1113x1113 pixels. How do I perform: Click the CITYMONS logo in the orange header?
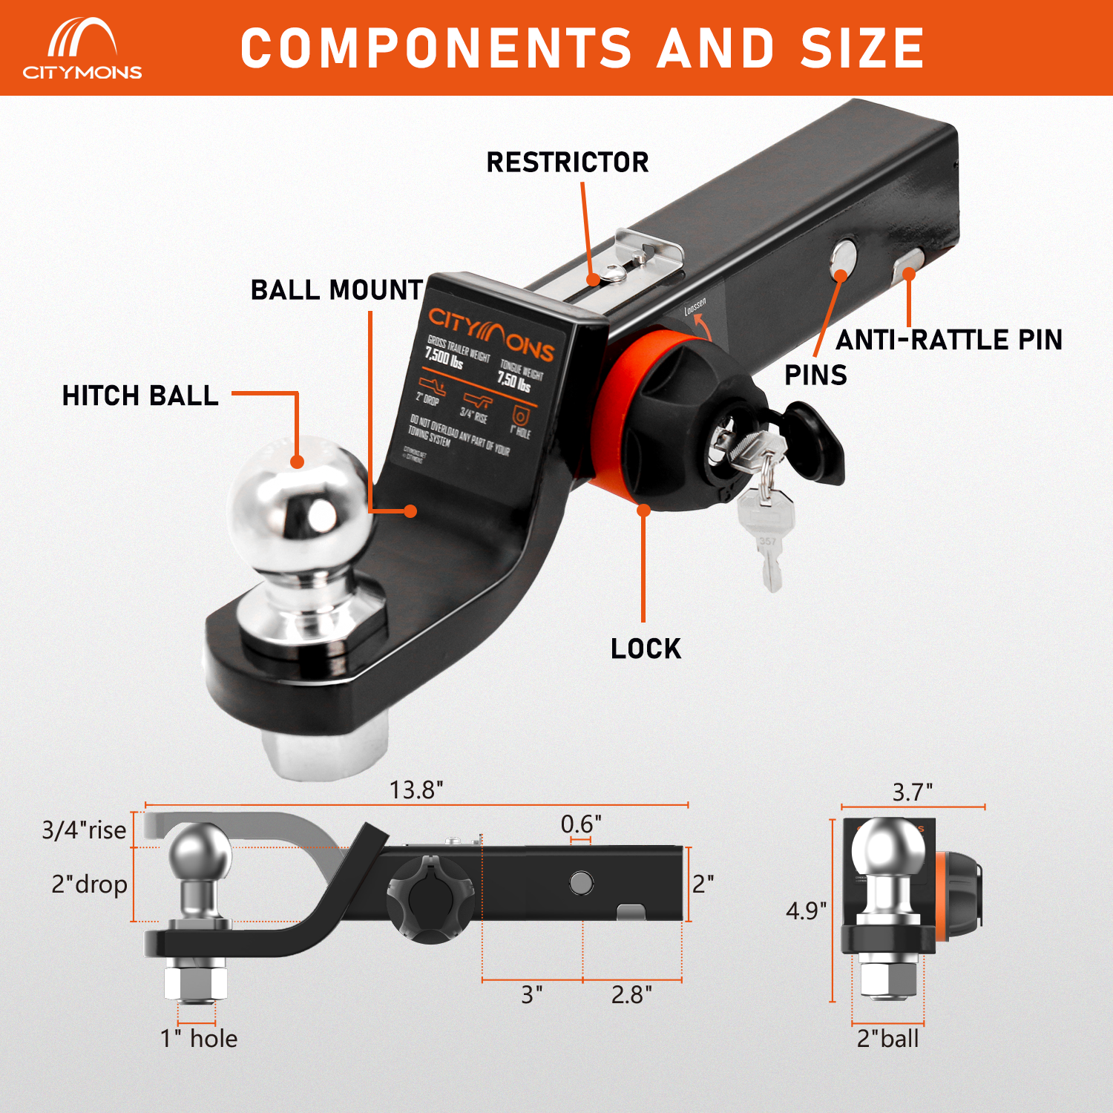tap(82, 49)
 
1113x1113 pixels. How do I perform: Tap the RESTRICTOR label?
tap(568, 162)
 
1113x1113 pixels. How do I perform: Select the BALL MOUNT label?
tap(337, 289)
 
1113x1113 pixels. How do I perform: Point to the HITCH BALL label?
tap(140, 395)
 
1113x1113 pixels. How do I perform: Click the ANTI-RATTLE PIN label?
tap(949, 340)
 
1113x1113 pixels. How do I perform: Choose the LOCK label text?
tap(646, 649)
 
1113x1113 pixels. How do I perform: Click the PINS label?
tap(815, 375)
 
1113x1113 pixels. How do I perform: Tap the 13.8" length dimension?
tap(416, 789)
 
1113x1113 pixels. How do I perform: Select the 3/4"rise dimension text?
tap(84, 830)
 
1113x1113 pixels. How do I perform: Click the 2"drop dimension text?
tap(89, 884)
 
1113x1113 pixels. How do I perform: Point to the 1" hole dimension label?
tap(199, 1038)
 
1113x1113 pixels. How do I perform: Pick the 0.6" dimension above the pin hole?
tap(580, 824)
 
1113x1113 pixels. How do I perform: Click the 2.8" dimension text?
tap(631, 994)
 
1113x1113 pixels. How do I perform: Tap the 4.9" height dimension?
tap(806, 910)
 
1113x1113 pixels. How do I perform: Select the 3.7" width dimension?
tap(912, 792)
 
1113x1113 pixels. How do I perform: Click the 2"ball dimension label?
tap(887, 1038)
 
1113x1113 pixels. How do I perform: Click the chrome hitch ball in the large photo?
tap(301, 505)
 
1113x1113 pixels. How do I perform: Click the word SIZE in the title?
tap(862, 48)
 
